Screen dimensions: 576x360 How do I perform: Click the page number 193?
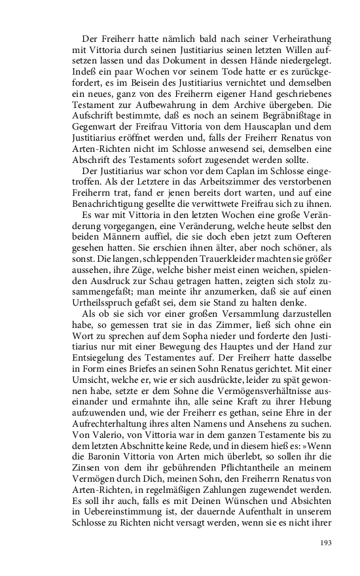327,543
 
